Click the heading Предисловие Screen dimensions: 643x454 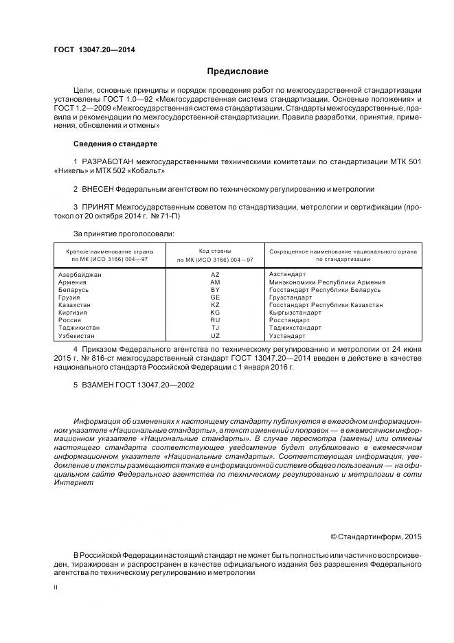point(238,71)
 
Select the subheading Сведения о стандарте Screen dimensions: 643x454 point(115,144)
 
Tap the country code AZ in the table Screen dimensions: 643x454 point(215,274)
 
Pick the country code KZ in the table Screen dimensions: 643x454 point(215,304)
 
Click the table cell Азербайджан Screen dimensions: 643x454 point(80,274)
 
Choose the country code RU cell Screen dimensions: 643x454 point(215,320)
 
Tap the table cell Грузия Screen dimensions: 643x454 point(70,297)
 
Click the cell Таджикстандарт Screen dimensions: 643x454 point(295,328)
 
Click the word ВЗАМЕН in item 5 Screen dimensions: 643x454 point(98,385)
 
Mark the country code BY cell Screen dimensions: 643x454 point(215,289)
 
